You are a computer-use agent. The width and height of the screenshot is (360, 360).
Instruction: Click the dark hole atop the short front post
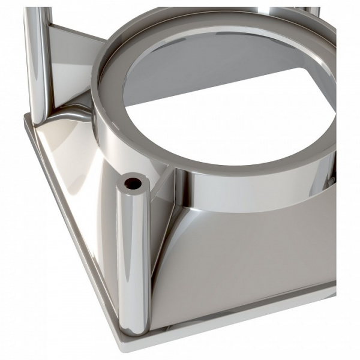click(x=132, y=182)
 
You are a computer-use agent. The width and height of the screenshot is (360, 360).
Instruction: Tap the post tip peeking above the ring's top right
click(x=312, y=11)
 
